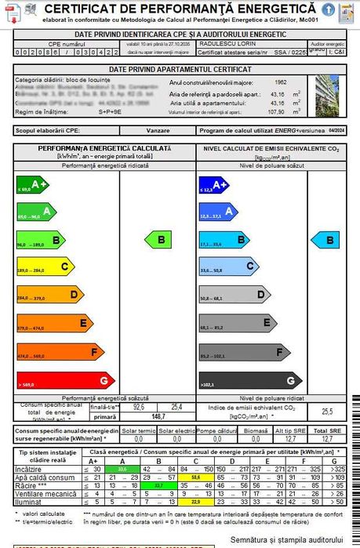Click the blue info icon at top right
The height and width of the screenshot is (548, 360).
click(x=328, y=9)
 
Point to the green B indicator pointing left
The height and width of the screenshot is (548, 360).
click(x=160, y=239)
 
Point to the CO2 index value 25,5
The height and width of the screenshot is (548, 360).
click(x=327, y=412)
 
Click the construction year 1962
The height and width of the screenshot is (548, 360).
click(x=280, y=82)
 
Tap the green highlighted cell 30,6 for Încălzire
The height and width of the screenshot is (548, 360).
click(x=122, y=468)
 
